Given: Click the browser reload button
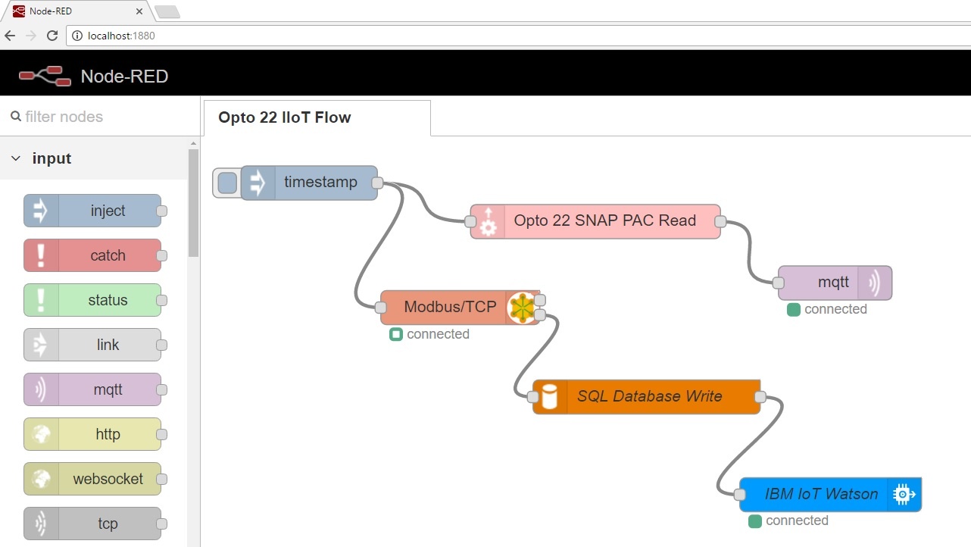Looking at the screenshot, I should click(x=52, y=36).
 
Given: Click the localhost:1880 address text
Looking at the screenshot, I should click(x=121, y=36).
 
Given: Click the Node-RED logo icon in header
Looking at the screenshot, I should click(x=42, y=76).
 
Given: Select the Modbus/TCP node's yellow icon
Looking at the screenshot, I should click(x=520, y=308).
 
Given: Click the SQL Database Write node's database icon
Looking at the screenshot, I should click(x=549, y=396).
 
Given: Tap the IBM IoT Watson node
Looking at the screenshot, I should click(x=821, y=495).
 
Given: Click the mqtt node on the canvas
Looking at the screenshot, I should click(x=833, y=283).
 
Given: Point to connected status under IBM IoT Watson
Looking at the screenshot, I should click(x=796, y=520).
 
